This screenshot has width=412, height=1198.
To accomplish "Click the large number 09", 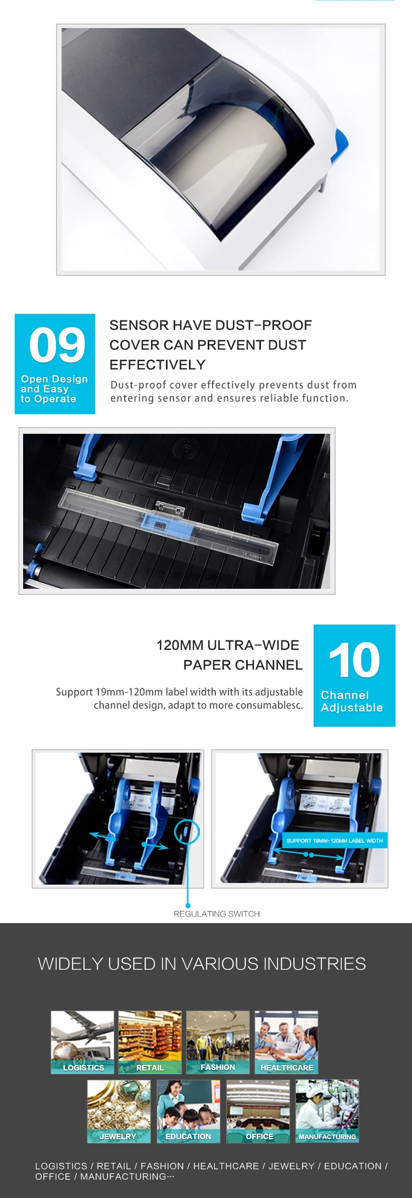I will (57, 345).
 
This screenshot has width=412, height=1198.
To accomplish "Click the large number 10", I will (354, 660).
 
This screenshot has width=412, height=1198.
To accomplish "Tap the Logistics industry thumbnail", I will (82, 1042).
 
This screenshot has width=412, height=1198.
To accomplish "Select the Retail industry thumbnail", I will (149, 1042).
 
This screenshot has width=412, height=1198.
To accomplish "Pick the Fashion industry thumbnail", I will (218, 1042).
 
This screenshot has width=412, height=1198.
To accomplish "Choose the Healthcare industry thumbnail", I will (286, 1042).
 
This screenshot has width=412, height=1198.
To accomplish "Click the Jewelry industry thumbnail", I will (119, 1111).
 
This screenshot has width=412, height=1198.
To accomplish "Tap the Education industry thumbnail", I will (188, 1111).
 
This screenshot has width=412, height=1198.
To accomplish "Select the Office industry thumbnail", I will (258, 1111).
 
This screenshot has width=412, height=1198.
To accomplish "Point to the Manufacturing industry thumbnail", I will (327, 1111).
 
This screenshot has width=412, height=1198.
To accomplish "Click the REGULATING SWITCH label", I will (216, 914).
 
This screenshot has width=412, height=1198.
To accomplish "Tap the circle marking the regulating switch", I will (187, 832).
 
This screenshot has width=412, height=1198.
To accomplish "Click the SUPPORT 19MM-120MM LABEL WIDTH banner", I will (335, 841).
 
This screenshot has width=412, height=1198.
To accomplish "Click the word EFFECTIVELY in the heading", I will (157, 365).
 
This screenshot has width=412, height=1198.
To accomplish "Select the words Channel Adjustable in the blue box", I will (352, 702).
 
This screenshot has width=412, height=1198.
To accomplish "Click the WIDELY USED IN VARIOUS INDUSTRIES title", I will (202, 964).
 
